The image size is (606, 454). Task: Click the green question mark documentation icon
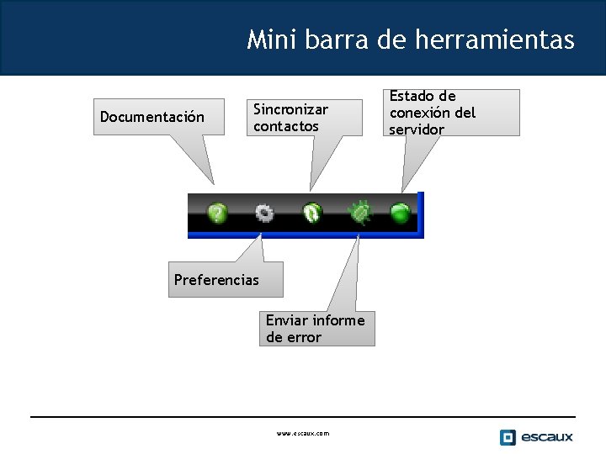218,214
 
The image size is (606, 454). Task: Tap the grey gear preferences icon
264,214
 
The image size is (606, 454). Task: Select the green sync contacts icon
312,214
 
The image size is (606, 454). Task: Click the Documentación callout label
152,117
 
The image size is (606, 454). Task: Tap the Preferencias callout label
216,280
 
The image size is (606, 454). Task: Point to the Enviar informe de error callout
316,329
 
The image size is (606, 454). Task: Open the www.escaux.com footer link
303,434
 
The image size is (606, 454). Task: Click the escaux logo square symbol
508,437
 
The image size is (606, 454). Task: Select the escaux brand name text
546,437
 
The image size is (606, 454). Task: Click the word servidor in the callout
416,129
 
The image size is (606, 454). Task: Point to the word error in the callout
304,337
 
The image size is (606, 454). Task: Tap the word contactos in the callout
286,126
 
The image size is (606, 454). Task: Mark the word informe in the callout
338,320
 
